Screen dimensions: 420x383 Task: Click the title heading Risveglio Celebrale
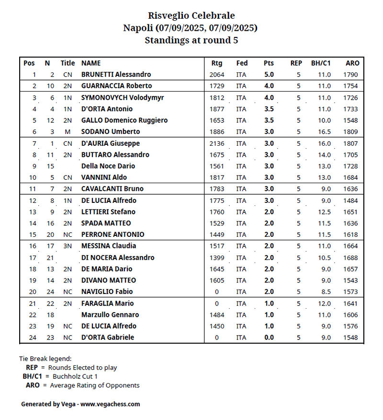(x=191, y=16)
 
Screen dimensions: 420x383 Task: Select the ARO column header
(x=352, y=63)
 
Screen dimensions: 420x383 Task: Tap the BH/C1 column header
(x=321, y=63)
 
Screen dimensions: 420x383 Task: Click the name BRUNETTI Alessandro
(x=116, y=74)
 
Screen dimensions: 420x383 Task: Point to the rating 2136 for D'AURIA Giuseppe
(x=216, y=143)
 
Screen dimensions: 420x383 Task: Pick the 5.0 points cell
(x=269, y=74)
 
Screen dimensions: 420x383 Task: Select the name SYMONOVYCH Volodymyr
(x=123, y=97)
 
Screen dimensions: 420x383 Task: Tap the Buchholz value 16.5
(x=324, y=132)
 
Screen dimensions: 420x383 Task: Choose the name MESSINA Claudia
(x=109, y=246)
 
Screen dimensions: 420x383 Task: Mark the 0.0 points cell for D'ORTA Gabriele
(x=269, y=337)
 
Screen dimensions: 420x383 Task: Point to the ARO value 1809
(x=350, y=132)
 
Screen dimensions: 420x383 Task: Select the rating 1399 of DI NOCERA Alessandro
(x=216, y=257)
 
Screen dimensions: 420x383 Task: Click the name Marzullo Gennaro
(x=110, y=315)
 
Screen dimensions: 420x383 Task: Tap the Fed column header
(x=242, y=63)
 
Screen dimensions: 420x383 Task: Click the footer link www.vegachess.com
(x=110, y=404)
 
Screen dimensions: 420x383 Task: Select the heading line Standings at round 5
(x=191, y=40)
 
